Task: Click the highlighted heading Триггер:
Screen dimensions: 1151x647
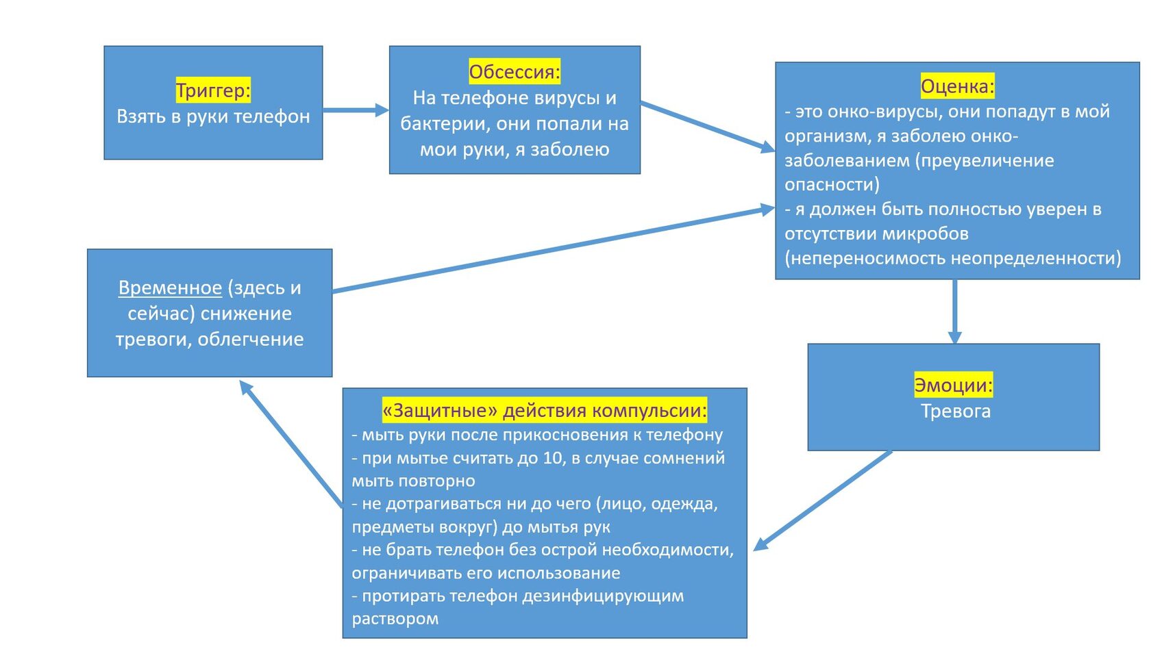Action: (213, 90)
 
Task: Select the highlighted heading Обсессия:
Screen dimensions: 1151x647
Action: (515, 71)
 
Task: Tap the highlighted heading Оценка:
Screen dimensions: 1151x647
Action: (957, 86)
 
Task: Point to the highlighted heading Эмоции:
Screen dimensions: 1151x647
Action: (953, 385)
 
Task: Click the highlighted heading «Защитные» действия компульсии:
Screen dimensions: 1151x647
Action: (544, 410)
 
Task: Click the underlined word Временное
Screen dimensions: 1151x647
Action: (170, 288)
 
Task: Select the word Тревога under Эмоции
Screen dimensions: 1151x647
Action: (955, 411)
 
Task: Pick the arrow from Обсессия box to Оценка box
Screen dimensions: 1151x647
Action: (706, 126)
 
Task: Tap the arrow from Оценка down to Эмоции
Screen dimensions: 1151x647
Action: (954, 311)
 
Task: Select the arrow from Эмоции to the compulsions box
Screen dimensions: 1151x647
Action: (822, 500)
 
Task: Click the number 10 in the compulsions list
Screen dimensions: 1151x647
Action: (552, 458)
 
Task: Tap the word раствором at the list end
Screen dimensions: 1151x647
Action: (395, 619)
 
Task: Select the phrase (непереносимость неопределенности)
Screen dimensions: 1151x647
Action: (953, 258)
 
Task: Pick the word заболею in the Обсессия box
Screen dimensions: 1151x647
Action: (570, 149)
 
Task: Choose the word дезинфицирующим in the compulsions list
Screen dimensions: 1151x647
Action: (603, 596)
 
